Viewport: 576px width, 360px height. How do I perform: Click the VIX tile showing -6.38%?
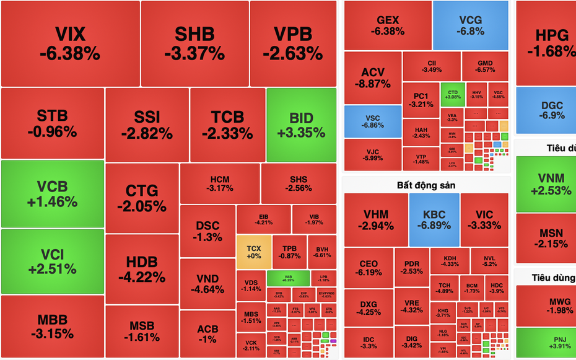70,43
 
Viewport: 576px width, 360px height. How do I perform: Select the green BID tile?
302,125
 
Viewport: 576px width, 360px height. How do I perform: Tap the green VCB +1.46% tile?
52,194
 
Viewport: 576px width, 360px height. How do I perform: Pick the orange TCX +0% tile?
253,252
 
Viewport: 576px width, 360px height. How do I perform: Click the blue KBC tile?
434,219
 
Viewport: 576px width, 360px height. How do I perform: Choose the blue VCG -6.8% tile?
471,25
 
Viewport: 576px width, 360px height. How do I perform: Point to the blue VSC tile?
373,121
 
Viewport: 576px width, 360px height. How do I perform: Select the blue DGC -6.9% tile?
545,110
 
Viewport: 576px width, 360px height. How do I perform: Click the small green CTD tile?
452,94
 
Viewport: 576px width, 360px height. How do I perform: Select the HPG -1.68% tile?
545,42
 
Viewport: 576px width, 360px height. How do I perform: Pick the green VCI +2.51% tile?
52,261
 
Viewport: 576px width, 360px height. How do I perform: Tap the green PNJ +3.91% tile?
545,343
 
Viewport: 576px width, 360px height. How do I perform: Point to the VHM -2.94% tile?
375,219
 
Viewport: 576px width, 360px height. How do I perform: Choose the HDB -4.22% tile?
142,269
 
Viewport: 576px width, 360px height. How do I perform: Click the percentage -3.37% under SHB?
194,53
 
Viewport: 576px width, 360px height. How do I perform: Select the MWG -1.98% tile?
545,305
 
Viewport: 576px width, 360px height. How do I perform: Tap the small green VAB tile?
288,278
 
